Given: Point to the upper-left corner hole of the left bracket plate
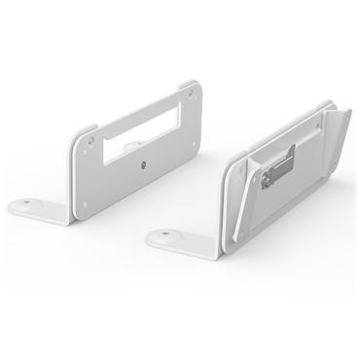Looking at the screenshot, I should click(93, 139).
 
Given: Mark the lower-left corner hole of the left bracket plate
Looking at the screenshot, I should click(83, 203).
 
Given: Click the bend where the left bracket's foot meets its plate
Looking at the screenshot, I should click(68, 216).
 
